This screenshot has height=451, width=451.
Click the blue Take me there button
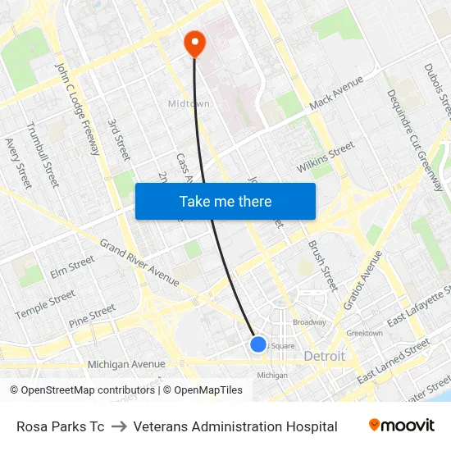[225, 201]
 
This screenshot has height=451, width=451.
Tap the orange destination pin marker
[194, 43]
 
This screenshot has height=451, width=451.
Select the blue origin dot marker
[258, 344]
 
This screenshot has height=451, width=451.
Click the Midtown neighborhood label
[189, 104]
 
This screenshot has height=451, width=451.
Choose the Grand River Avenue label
[139, 262]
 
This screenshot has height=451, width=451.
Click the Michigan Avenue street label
[126, 364]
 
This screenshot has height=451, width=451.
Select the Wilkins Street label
[326, 157]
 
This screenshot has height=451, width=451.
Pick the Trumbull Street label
[43, 153]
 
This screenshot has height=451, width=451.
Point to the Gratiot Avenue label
[364, 280]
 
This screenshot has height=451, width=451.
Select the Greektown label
[364, 334]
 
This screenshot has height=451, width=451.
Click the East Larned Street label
[394, 361]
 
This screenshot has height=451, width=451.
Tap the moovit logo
[402, 426]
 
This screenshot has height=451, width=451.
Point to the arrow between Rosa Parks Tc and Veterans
[119, 426]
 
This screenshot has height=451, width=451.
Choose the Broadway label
[309, 322]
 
